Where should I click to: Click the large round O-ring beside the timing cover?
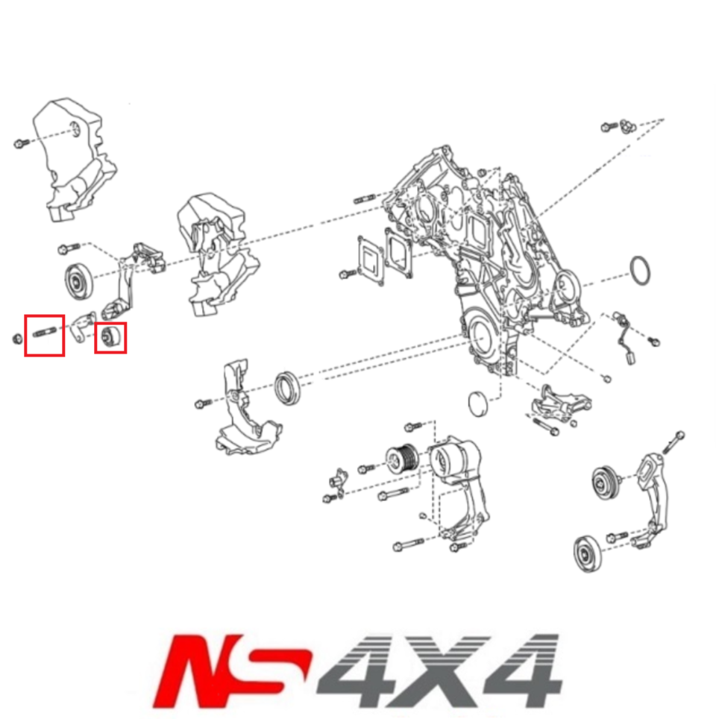[642, 270]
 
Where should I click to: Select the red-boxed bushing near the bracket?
[110, 337]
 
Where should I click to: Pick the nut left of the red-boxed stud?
[17, 339]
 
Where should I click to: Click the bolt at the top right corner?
[609, 128]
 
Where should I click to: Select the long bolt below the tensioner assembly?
[407, 544]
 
